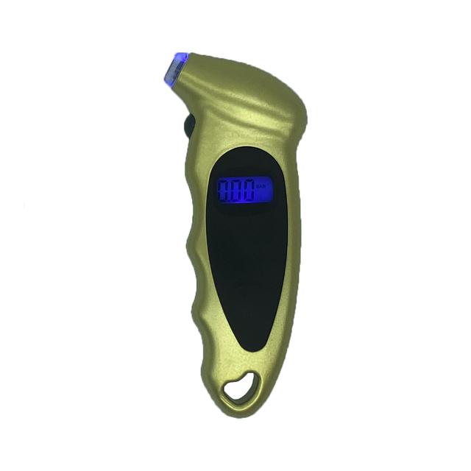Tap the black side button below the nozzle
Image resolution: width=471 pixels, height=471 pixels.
pyautogui.click(x=189, y=125)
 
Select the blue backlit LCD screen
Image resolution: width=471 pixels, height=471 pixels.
pyautogui.click(x=241, y=191)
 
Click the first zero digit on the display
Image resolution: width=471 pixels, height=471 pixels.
pyautogui.click(x=226, y=191)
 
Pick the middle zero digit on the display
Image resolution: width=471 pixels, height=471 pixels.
pyautogui.click(x=238, y=191)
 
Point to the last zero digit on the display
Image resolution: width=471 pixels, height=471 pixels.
pyautogui.click(x=249, y=191)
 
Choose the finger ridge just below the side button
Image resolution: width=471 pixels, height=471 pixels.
pyautogui.click(x=193, y=158)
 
